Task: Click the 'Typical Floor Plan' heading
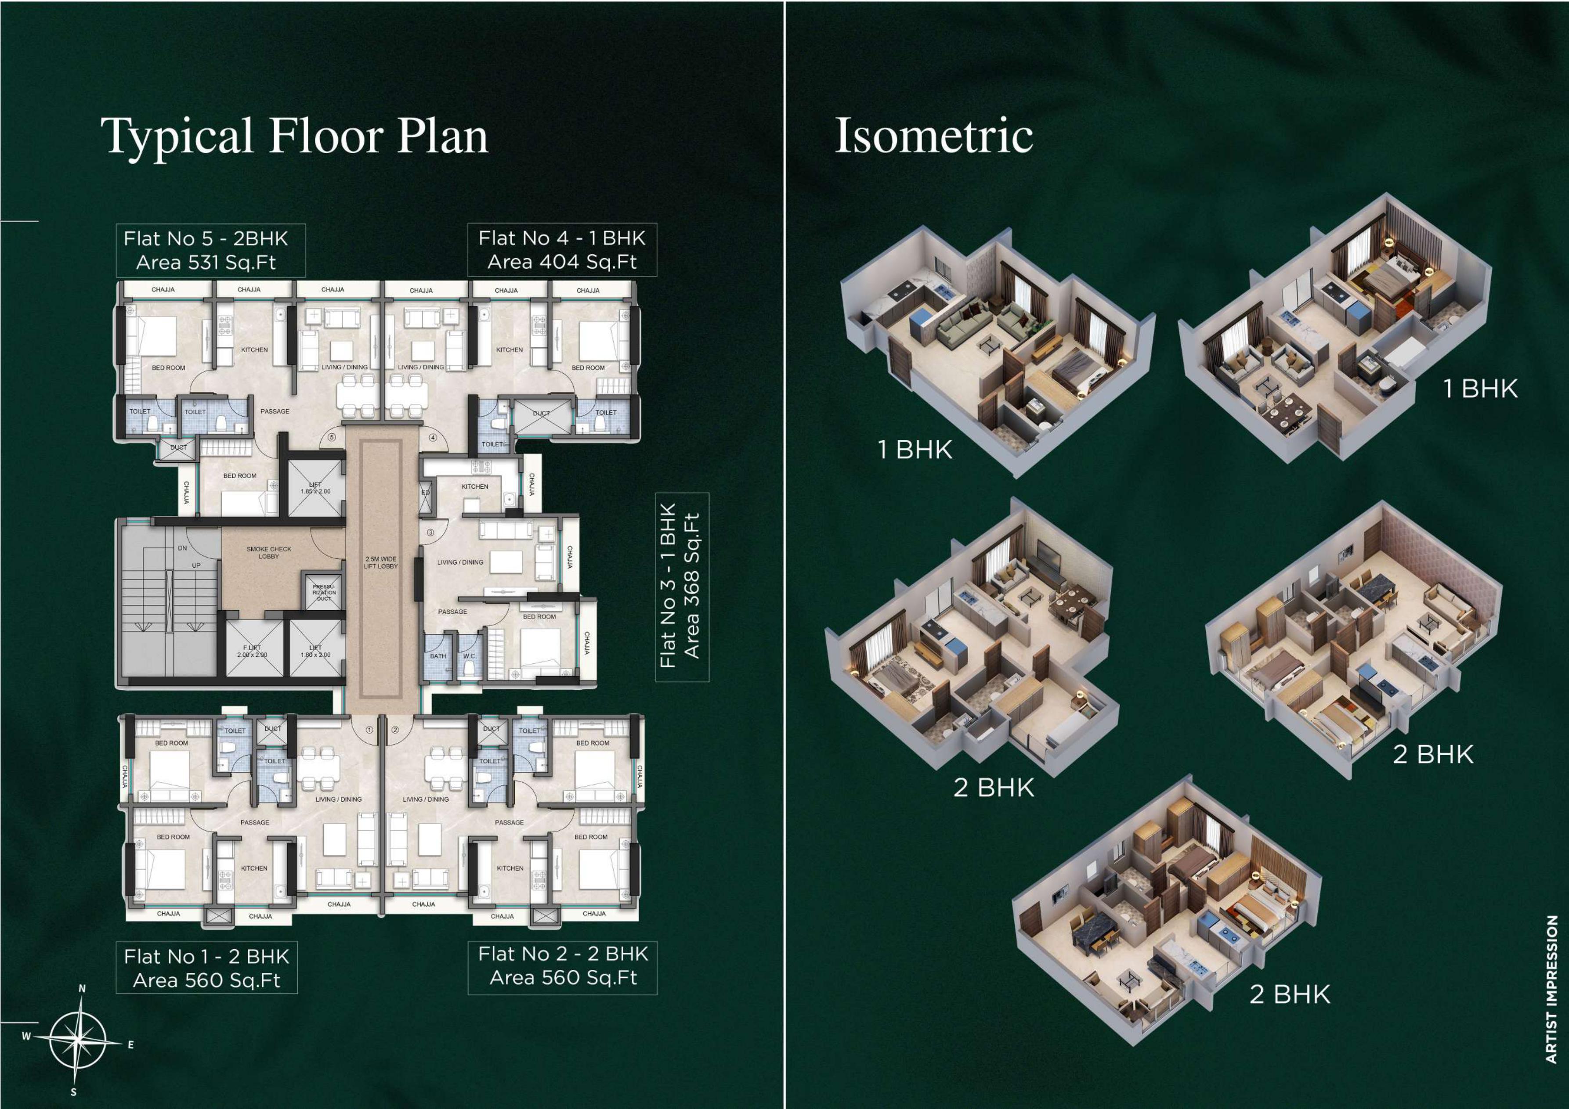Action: [x=295, y=137]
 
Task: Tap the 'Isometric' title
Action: [x=933, y=135]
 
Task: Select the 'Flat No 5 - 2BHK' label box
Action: [x=210, y=250]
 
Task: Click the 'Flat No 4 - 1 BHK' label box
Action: [x=562, y=249]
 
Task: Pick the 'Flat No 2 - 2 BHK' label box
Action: [x=562, y=965]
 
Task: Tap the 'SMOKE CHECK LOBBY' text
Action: [x=268, y=552]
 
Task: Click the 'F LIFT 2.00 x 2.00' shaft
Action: [x=253, y=649]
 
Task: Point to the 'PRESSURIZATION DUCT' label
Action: [x=324, y=592]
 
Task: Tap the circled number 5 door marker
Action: [x=332, y=437]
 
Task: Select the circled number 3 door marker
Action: [x=430, y=532]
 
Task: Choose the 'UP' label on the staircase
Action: [x=196, y=565]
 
